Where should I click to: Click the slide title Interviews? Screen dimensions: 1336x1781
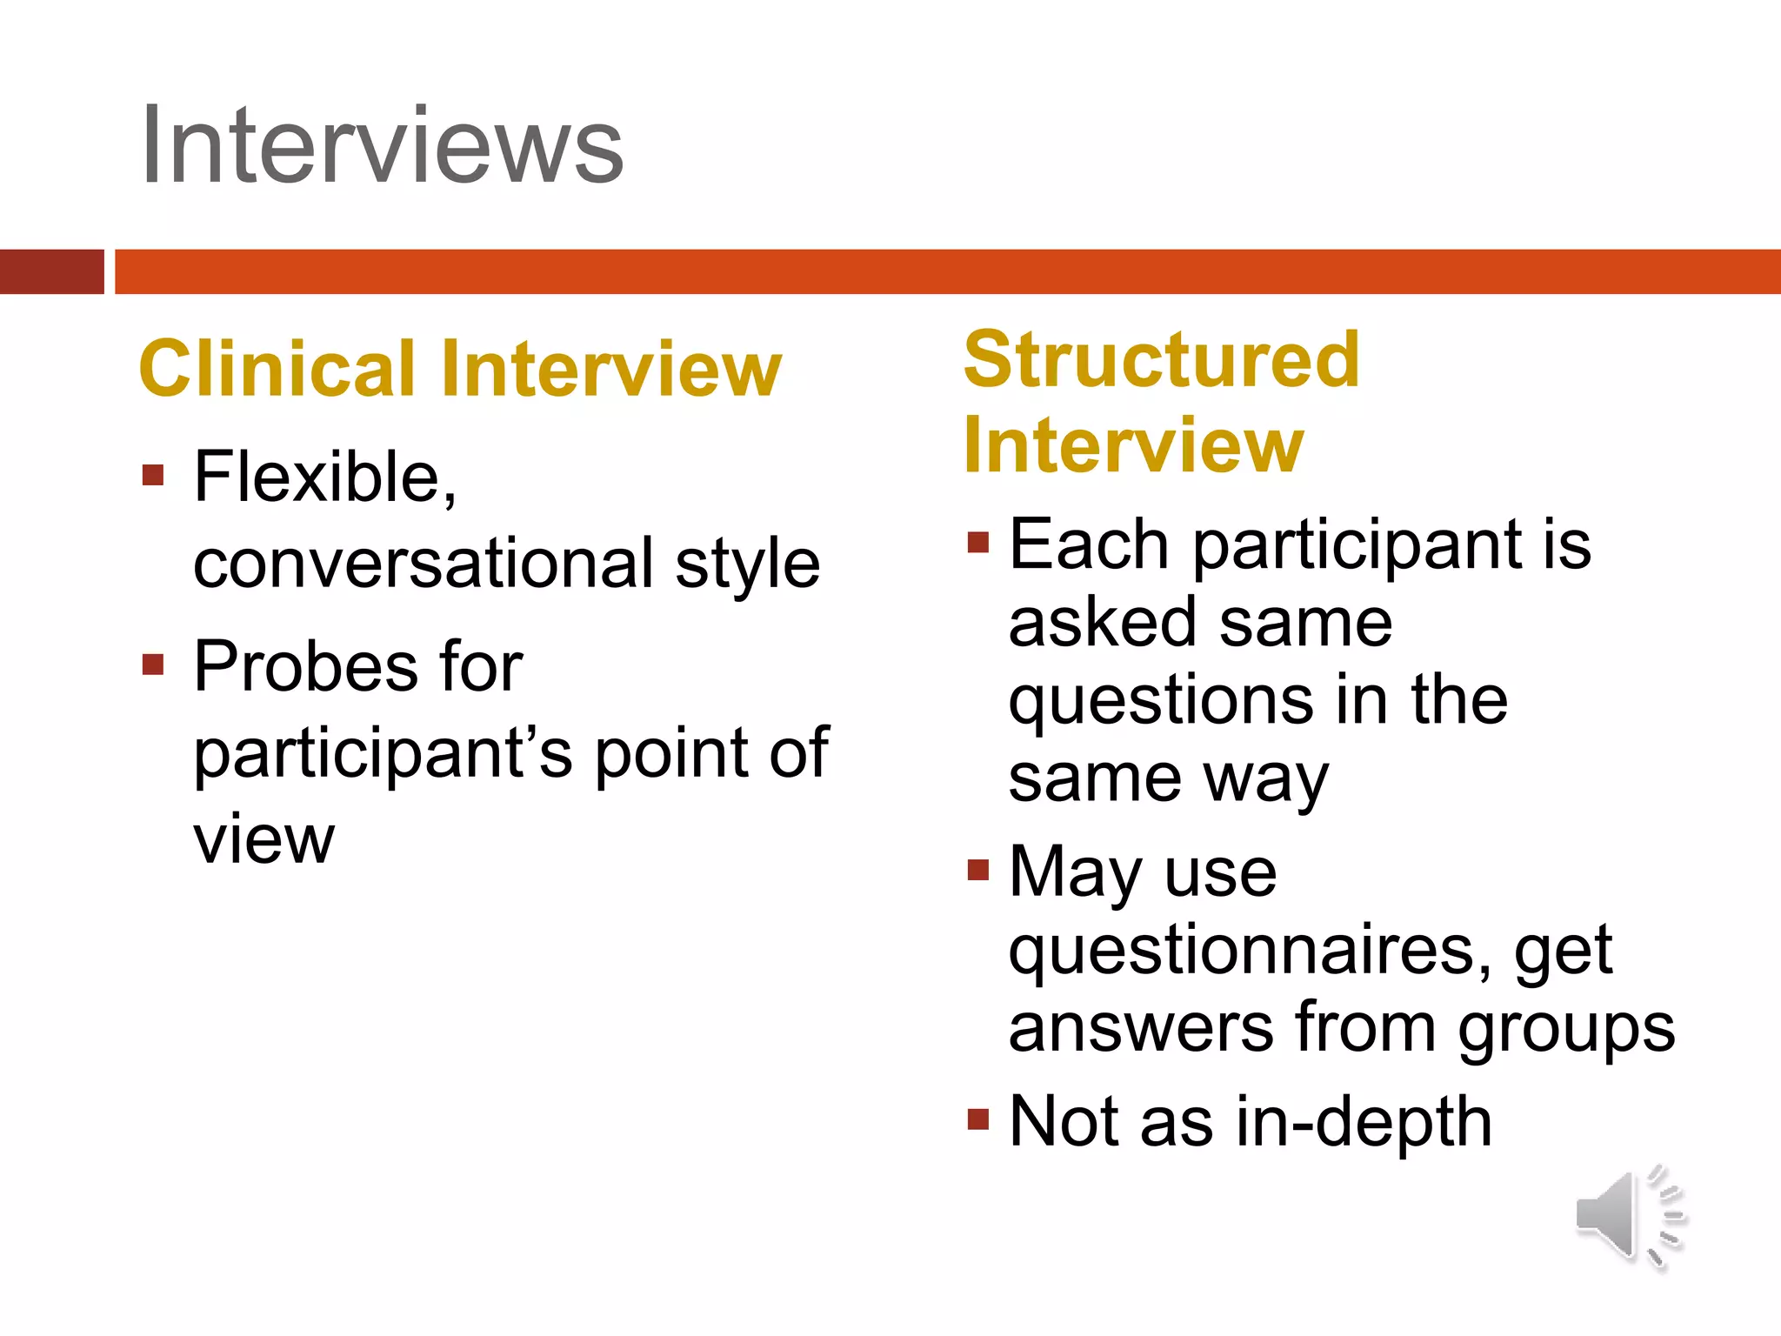pyautogui.click(x=383, y=146)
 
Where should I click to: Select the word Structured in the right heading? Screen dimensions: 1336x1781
pyautogui.click(x=1162, y=360)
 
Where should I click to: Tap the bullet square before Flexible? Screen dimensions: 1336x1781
pyautogui.click(x=153, y=475)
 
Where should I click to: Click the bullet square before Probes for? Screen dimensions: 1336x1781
pyautogui.click(x=153, y=665)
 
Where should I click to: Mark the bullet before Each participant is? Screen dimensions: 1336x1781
pyautogui.click(x=978, y=544)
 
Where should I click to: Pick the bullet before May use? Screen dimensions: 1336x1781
pyautogui.click(x=978, y=870)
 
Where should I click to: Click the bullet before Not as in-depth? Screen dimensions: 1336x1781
pyautogui.click(x=978, y=1119)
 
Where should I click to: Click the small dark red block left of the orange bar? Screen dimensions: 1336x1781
pyautogui.click(x=51, y=271)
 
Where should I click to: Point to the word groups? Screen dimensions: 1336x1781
pyautogui.click(x=1566, y=1029)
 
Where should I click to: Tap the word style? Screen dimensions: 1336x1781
pyautogui.click(x=748, y=564)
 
